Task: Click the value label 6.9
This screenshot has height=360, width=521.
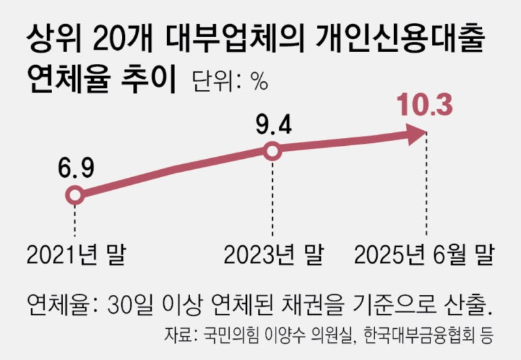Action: point(76,168)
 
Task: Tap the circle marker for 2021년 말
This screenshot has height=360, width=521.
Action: point(76,194)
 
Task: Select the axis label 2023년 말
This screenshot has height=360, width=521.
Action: point(272,255)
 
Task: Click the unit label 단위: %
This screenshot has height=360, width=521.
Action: point(230,82)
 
